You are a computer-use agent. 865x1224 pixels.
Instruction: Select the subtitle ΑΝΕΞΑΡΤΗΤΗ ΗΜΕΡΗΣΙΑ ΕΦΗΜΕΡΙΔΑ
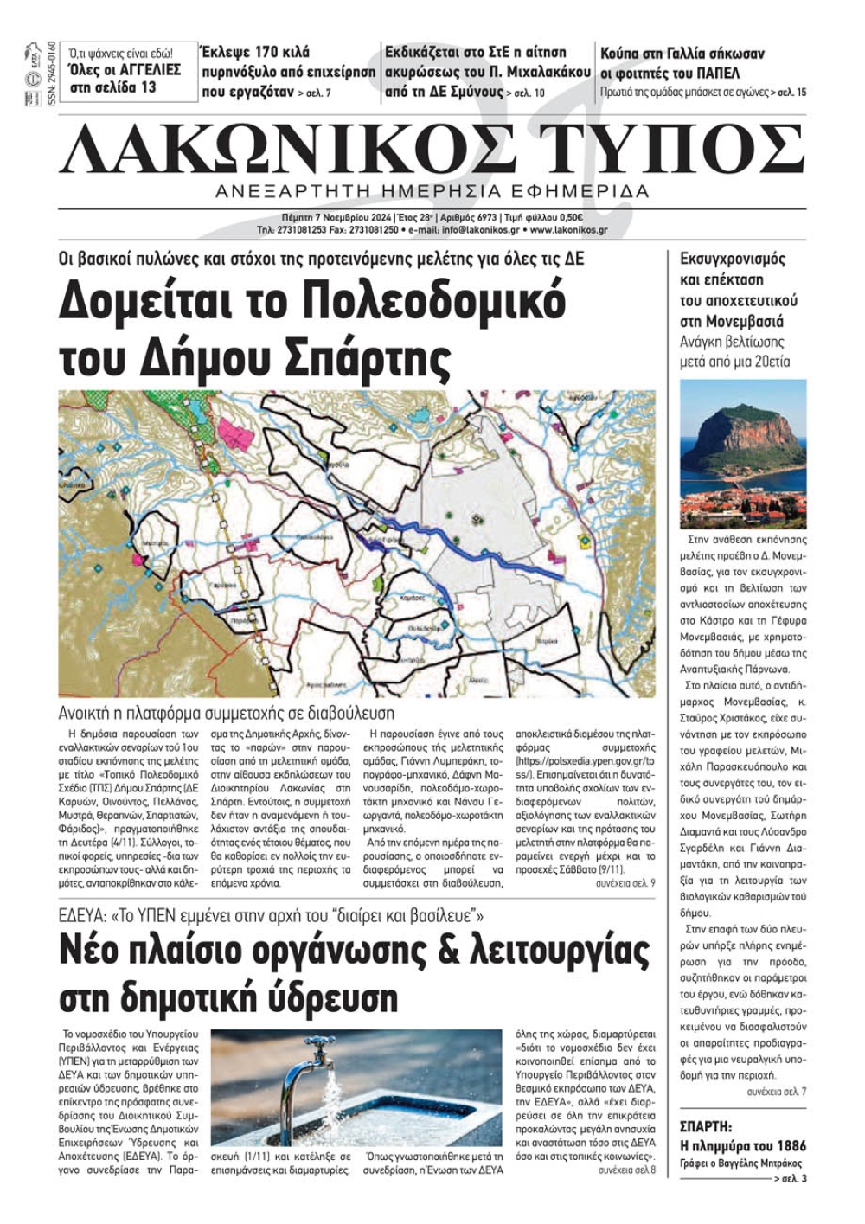432,191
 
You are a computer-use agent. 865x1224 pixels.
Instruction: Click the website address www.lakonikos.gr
568,230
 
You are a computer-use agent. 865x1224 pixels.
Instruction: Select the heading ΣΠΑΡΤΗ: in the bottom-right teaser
707,1127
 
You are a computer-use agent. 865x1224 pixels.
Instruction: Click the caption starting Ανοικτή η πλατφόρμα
226,714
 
